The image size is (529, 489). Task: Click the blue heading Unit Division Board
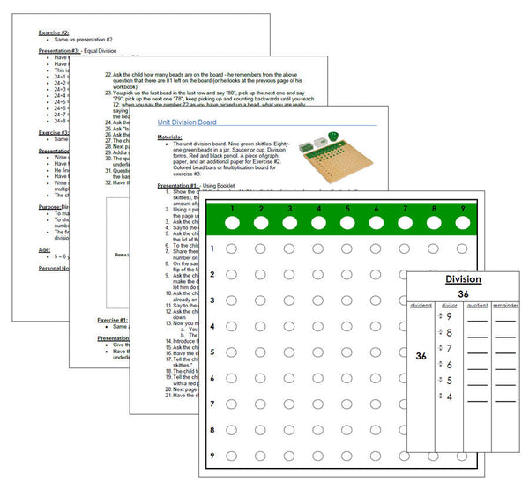200,124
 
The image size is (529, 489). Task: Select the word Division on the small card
462,279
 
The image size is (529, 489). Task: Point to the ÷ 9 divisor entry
449,315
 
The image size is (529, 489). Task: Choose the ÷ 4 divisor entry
449,396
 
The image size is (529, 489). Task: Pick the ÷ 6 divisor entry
449,364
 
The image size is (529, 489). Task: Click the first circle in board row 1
231,249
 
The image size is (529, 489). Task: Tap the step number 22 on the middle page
108,78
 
